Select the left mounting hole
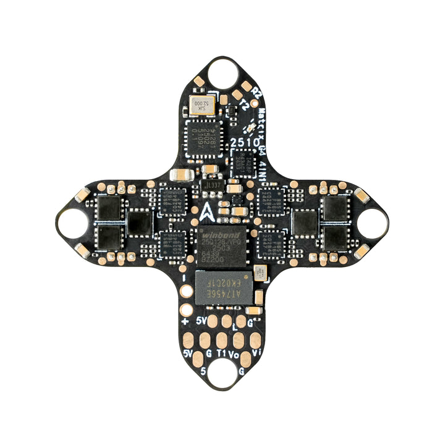pyautogui.click(x=72, y=223)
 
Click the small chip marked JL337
pyautogui.click(x=212, y=185)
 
